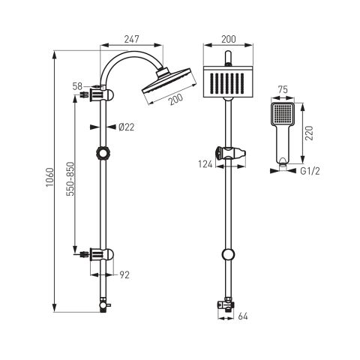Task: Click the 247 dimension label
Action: tap(131, 39)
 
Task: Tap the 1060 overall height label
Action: tap(50, 177)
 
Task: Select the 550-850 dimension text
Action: tap(70, 179)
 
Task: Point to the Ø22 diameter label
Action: tap(126, 127)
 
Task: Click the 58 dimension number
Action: tap(77, 86)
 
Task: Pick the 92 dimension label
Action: tap(124, 275)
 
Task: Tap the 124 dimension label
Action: tap(205, 164)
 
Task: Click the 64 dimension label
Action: tap(243, 316)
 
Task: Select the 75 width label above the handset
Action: tap(283, 89)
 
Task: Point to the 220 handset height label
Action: tap(309, 133)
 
